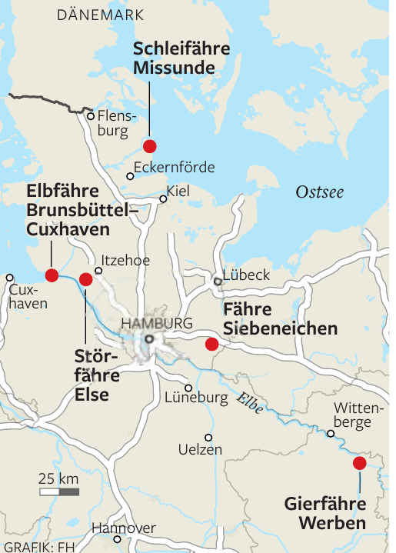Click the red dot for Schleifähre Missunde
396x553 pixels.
(x=150, y=146)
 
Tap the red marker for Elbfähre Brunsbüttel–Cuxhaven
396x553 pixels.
(x=52, y=275)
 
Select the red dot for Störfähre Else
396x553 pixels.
(x=85, y=279)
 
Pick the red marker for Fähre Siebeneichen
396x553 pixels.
(x=211, y=344)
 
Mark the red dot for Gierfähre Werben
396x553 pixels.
(x=359, y=463)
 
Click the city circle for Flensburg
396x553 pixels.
(x=91, y=116)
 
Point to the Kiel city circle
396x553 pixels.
(x=162, y=199)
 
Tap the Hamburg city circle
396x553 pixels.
(x=149, y=338)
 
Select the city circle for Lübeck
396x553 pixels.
(x=218, y=282)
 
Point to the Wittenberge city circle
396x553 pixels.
(x=331, y=434)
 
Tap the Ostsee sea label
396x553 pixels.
(x=320, y=192)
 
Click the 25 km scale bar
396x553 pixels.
(x=59, y=491)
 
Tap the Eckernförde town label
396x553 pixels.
(x=174, y=168)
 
